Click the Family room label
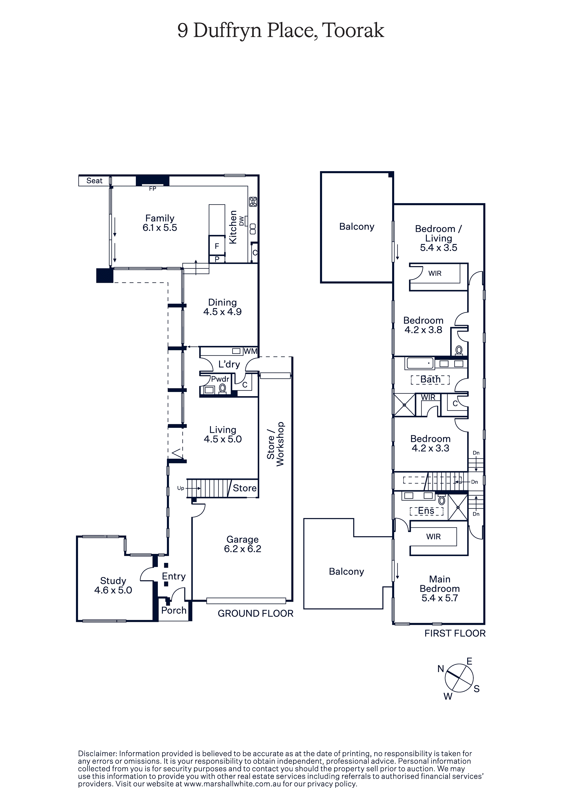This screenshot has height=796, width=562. pos(160,218)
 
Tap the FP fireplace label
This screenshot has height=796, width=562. pos(152,189)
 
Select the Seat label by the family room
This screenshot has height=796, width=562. pos(94,181)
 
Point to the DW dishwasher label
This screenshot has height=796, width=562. pos(242,221)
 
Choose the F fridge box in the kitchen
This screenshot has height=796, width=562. pos(217,246)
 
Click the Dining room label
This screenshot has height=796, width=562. pos(222,302)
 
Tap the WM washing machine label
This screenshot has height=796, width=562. pos(251,351)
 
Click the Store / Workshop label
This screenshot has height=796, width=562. pos(276,444)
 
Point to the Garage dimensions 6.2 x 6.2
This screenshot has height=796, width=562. pos(242,549)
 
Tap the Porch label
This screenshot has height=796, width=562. pos(174,610)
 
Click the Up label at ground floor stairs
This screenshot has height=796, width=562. pos(181,488)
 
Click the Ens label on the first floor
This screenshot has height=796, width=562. pos(426,511)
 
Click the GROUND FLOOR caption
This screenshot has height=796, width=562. pos(255,613)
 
